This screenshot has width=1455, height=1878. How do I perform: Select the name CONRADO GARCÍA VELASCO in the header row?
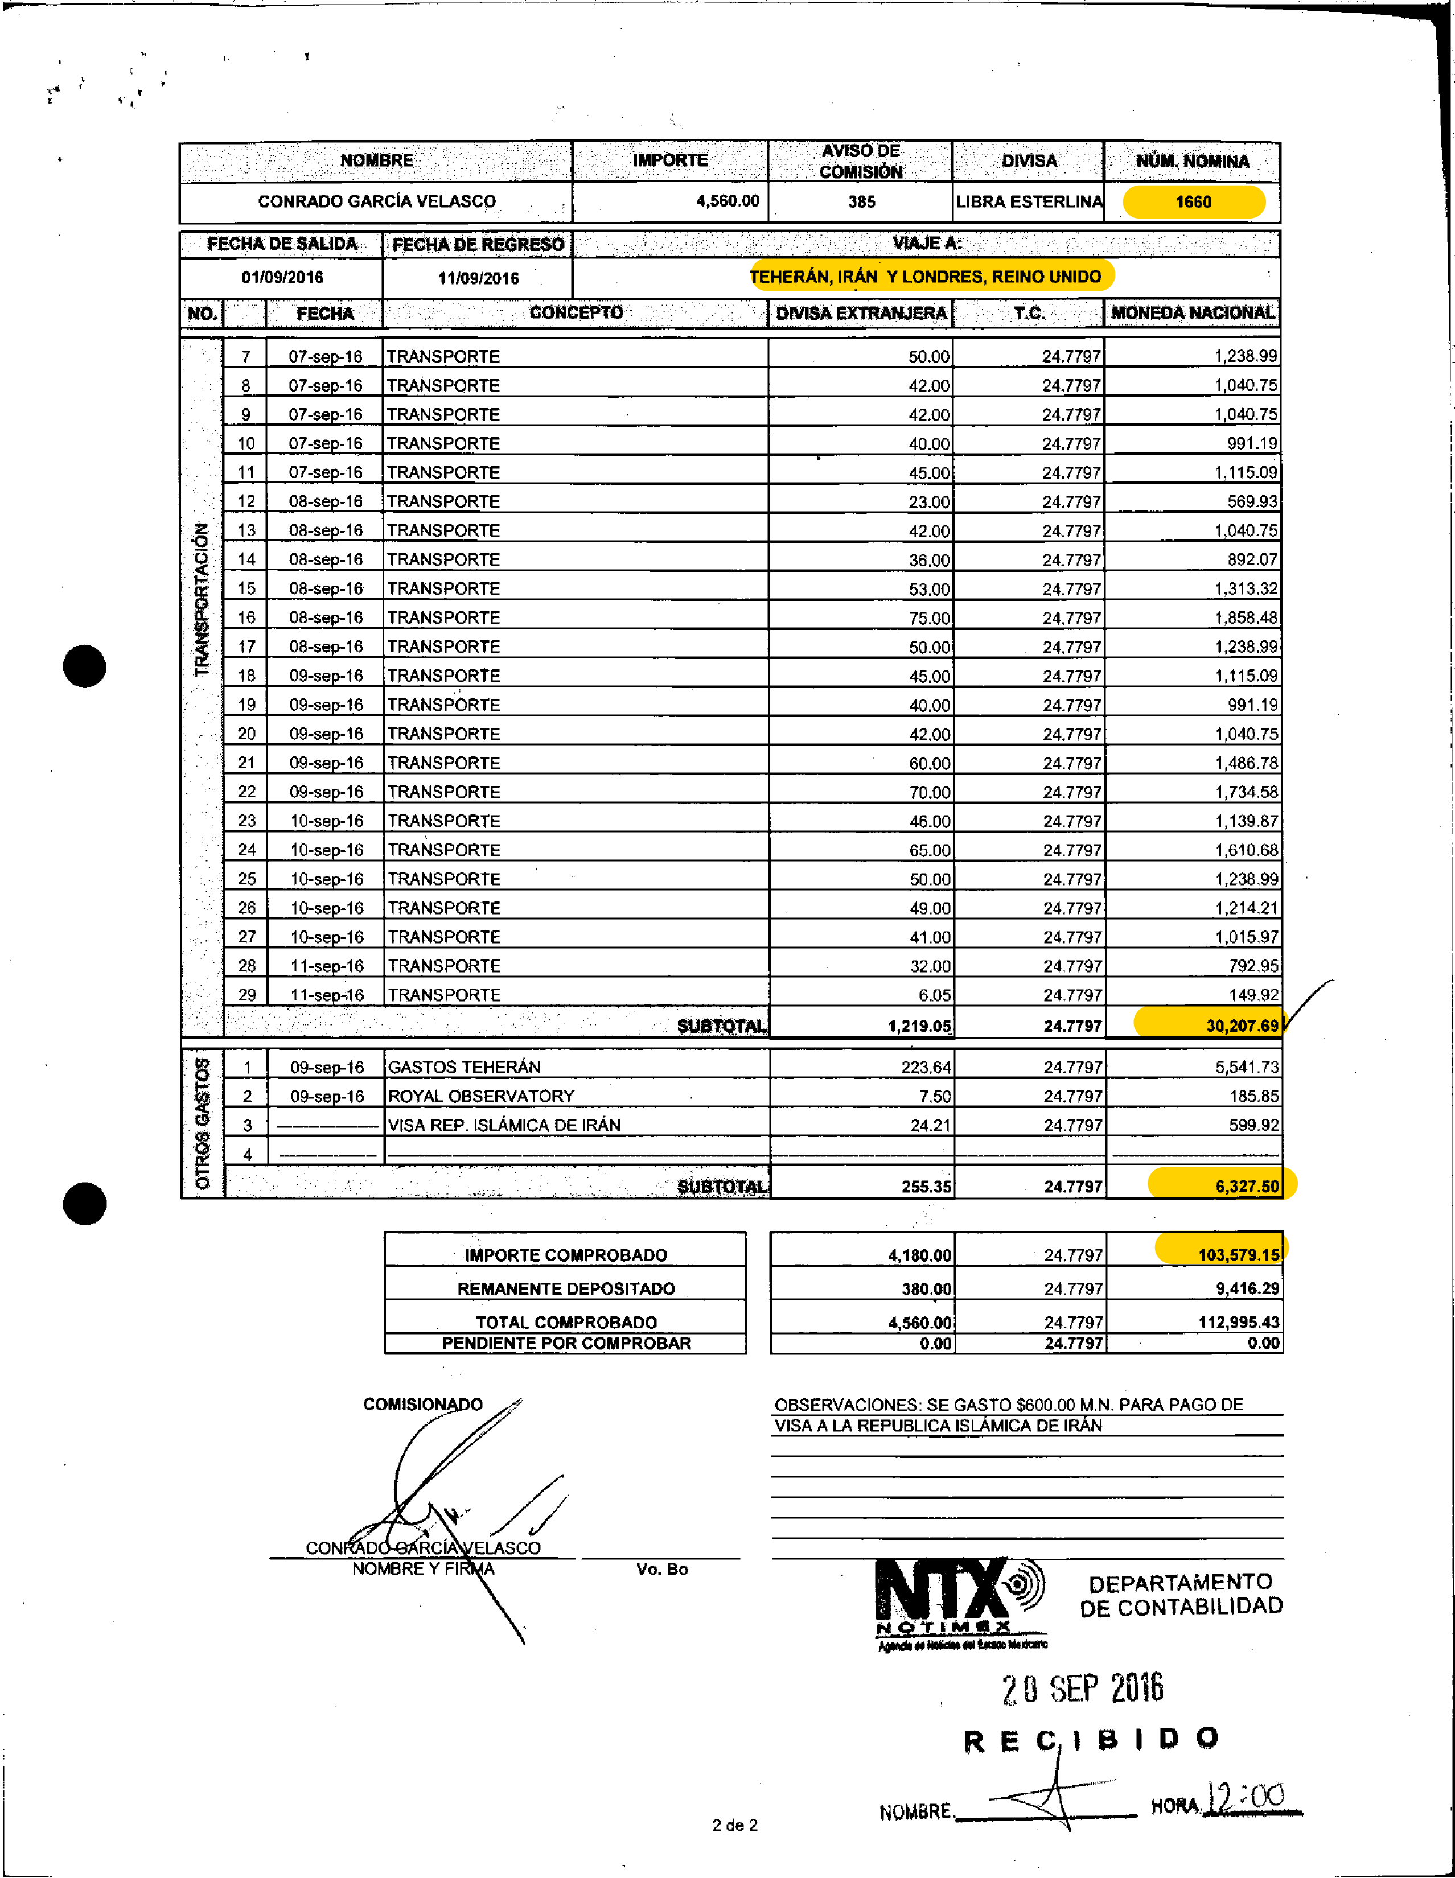377,201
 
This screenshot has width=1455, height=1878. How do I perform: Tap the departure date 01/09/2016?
282,278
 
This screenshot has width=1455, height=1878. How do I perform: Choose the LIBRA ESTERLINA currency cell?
1029,202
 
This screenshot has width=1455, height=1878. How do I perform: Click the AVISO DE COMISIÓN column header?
860,161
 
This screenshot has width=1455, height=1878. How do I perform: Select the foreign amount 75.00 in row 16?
928,618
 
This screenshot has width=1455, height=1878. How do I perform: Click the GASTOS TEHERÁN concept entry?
465,1067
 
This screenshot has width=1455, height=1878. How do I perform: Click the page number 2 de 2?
734,1825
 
